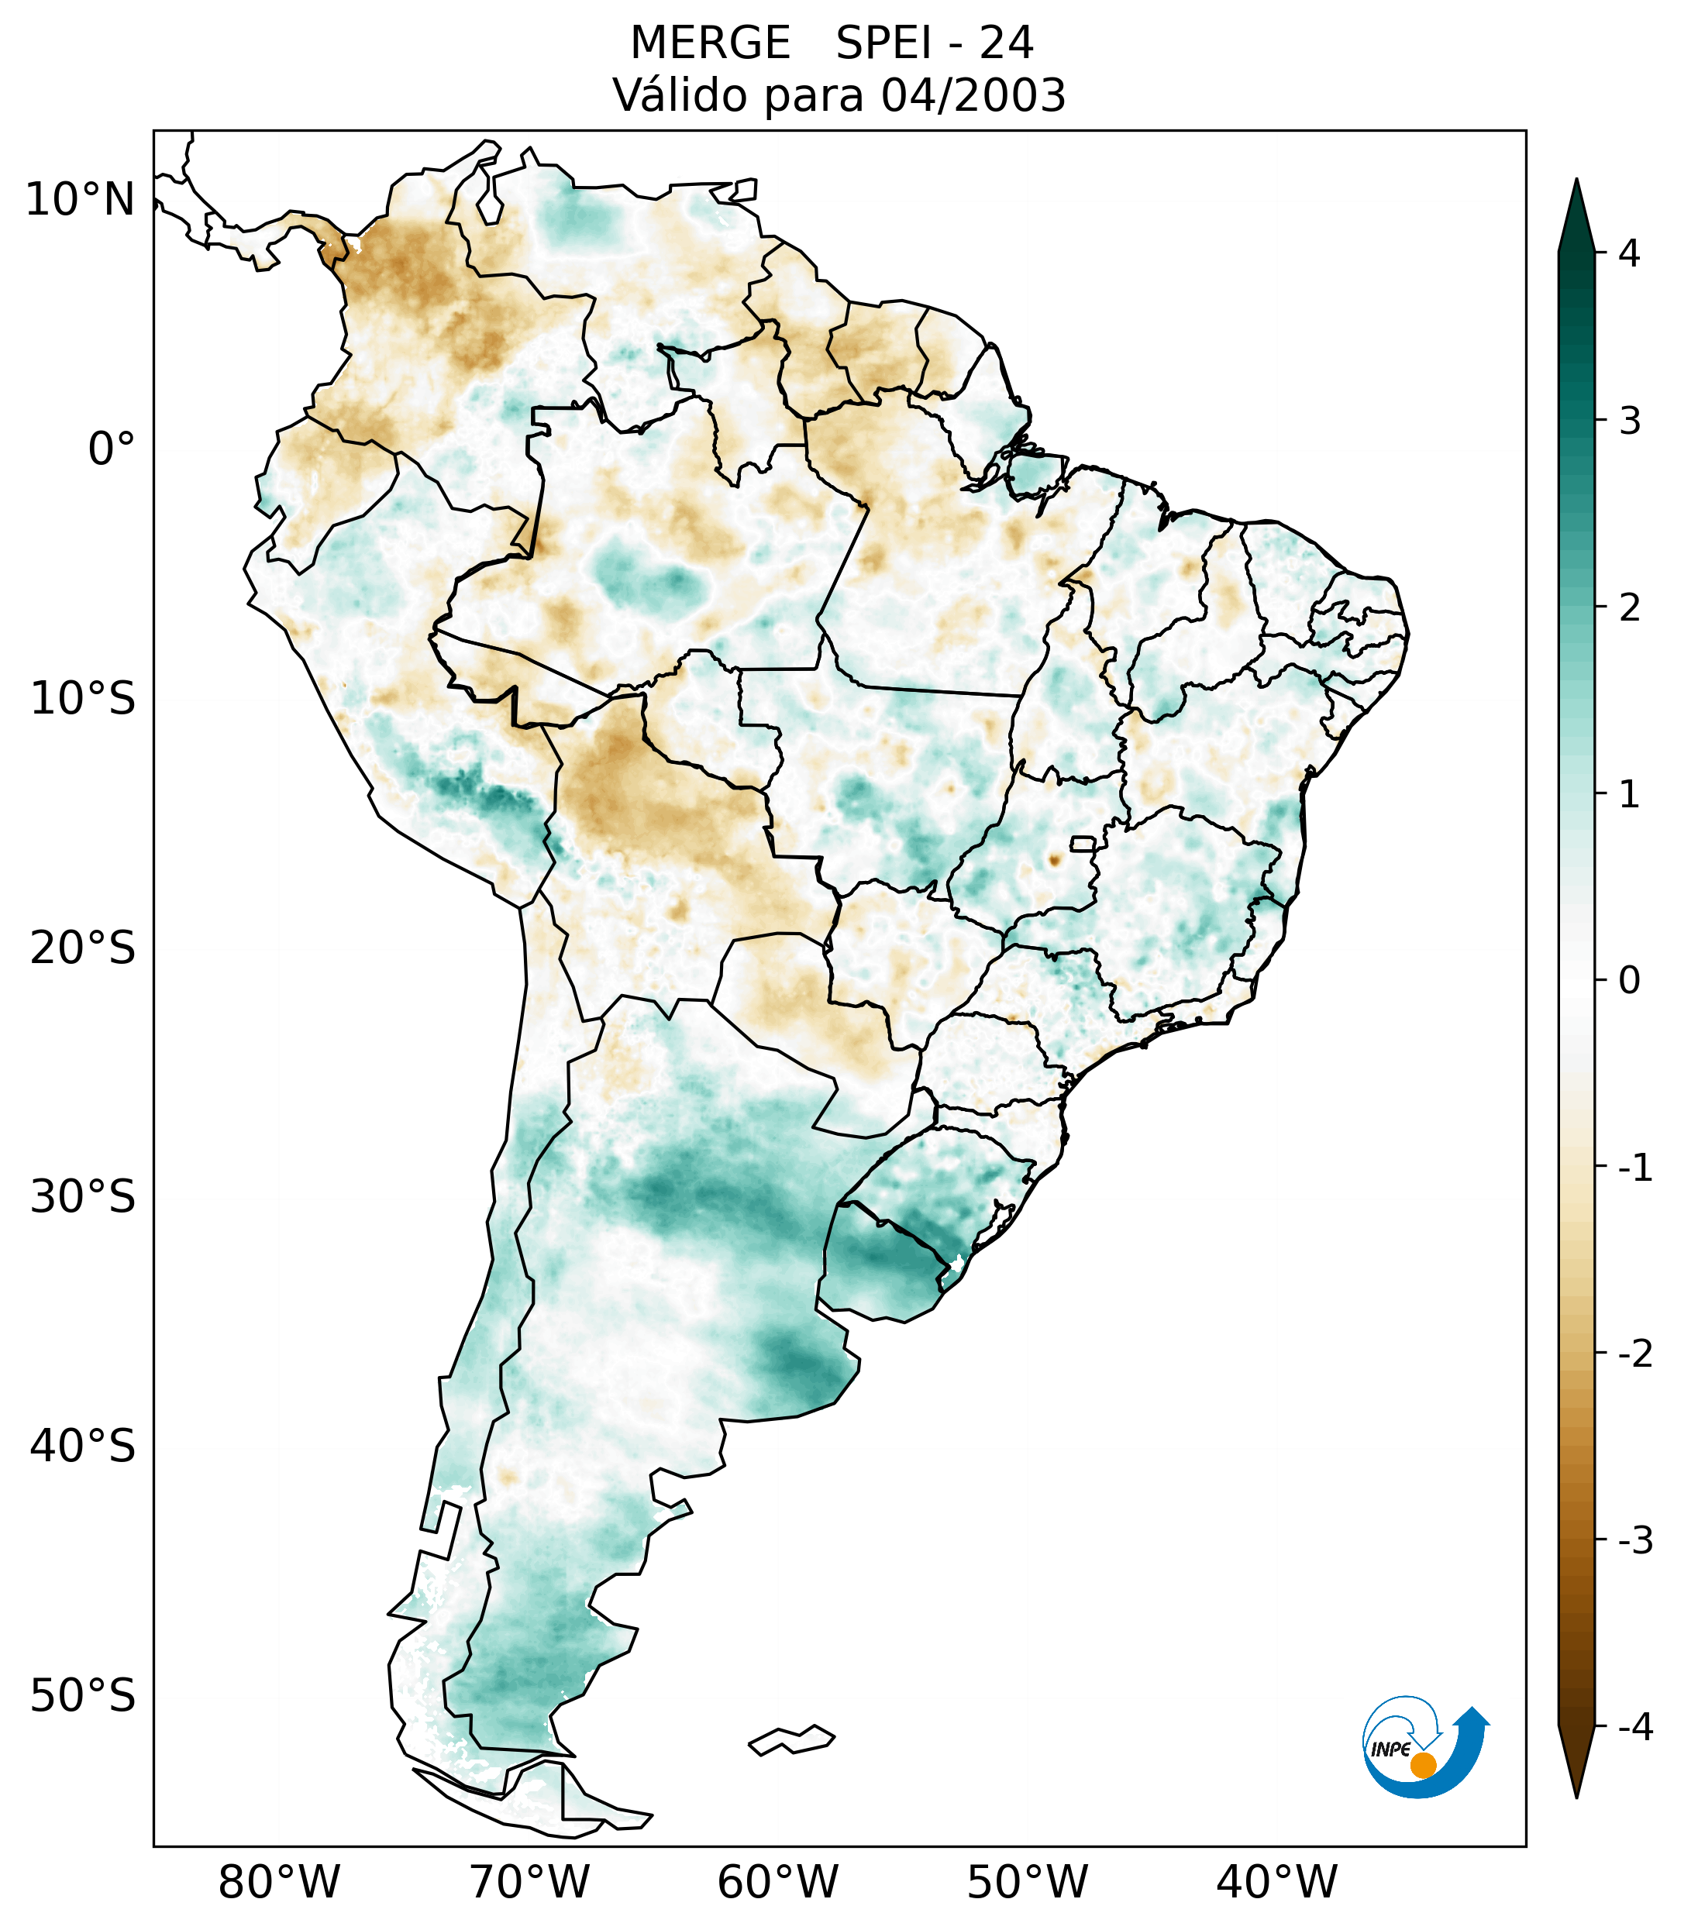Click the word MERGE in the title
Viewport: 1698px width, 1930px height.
(709, 43)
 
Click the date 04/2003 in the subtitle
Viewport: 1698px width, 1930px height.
(973, 95)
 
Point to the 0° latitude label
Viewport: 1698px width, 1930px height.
(111, 449)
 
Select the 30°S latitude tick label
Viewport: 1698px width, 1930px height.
(83, 1197)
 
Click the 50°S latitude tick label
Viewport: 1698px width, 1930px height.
(83, 1696)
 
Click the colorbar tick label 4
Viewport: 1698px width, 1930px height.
(1629, 253)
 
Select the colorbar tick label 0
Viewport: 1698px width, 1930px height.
(1629, 980)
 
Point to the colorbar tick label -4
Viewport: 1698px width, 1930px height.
(1634, 1727)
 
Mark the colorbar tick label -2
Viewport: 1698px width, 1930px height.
(1634, 1354)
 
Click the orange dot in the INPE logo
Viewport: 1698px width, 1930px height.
(1422, 1765)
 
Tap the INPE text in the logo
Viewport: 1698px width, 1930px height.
(1390, 1749)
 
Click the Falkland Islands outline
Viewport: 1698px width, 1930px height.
(791, 1739)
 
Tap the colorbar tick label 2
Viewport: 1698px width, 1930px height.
(1629, 607)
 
